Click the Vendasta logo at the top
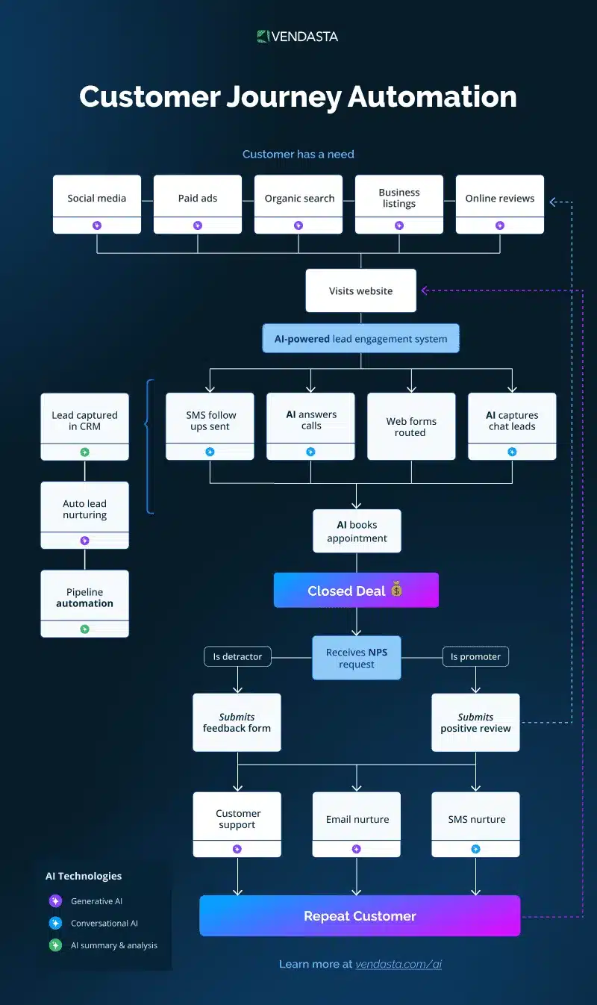298,36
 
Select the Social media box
97,199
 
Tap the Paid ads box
198,199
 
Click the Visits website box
360,290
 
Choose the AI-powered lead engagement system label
360,338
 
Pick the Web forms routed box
411,426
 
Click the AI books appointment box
357,531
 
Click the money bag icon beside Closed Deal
396,591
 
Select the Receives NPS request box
356,658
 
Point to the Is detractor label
237,656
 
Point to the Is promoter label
475,656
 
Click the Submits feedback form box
237,722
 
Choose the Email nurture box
357,819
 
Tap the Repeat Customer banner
360,916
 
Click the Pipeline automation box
84,598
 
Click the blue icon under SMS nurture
475,849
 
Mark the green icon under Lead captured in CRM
84,452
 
